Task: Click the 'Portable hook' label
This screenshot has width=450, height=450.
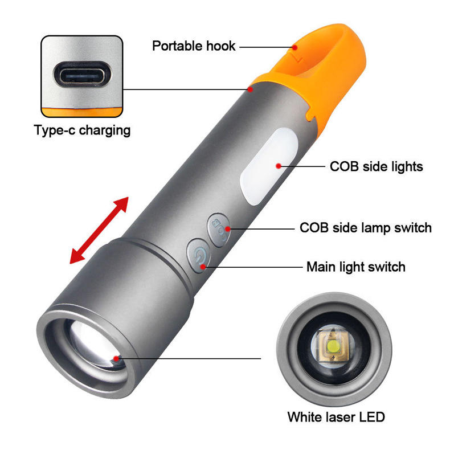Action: pyautogui.click(x=194, y=46)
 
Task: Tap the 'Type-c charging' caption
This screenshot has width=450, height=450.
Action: pyautogui.click(x=82, y=130)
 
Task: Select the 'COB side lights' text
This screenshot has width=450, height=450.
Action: pyautogui.click(x=377, y=166)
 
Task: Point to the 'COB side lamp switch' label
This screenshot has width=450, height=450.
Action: pyautogui.click(x=365, y=228)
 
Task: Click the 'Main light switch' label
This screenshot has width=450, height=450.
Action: pyautogui.click(x=355, y=266)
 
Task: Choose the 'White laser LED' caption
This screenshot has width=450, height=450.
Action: pyautogui.click(x=336, y=416)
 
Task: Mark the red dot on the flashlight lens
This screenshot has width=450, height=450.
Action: pyautogui.click(x=117, y=358)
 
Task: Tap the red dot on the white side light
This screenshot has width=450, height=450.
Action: pyautogui.click(x=278, y=166)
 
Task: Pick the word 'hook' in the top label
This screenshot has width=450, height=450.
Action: pyautogui.click(x=220, y=46)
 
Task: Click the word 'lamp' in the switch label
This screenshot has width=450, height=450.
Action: pyautogui.click(x=381, y=228)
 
